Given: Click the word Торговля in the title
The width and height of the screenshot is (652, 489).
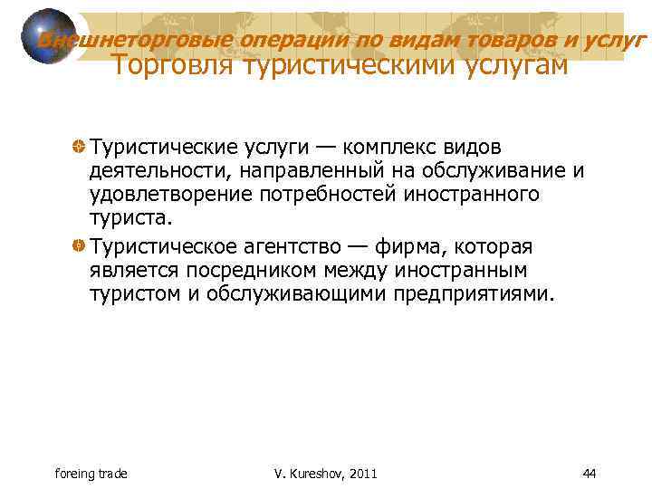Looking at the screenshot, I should click(x=172, y=64).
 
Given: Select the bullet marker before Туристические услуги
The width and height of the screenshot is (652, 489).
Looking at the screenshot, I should click(x=80, y=148).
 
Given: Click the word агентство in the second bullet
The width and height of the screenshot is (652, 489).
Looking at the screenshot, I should click(x=299, y=246).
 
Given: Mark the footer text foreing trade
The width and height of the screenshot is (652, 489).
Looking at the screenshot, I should click(x=91, y=473).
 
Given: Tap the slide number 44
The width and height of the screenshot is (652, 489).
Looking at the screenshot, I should click(x=589, y=473).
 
